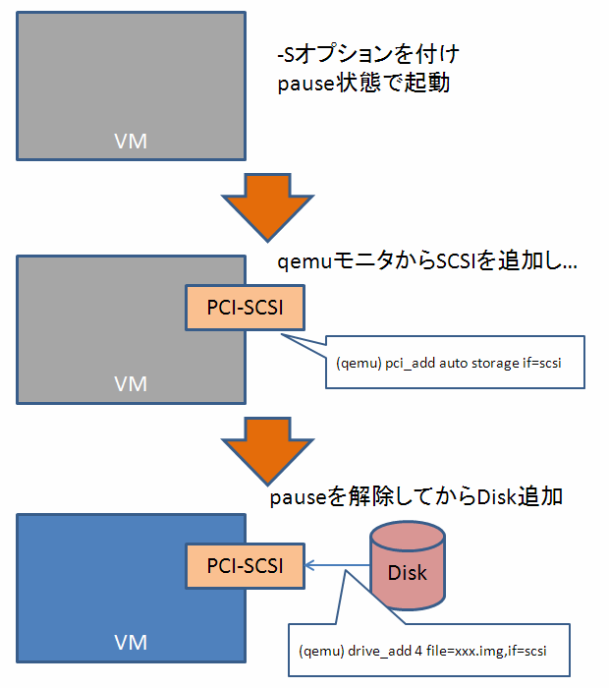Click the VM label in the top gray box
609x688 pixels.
coord(131,141)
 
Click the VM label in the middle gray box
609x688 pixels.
coord(131,384)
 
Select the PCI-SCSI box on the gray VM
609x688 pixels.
coord(245,308)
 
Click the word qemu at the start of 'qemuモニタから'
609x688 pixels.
coord(299,263)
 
